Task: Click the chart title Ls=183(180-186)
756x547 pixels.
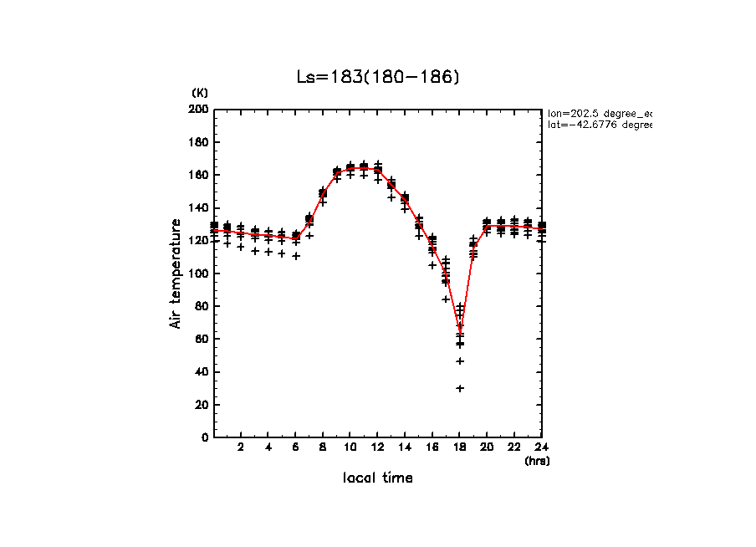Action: pos(379,77)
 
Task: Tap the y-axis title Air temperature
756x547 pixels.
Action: pos(176,273)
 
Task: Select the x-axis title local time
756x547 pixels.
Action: pos(378,478)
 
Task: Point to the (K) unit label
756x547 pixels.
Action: pos(200,92)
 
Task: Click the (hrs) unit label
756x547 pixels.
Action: pos(537,461)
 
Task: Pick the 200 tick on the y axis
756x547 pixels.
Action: pos(199,110)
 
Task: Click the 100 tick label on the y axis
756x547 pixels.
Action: pos(199,273)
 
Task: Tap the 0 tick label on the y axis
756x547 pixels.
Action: pos(205,437)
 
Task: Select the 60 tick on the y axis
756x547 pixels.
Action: pos(202,339)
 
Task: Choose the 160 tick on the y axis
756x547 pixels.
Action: pos(199,175)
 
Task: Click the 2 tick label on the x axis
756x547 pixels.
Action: pos(241,447)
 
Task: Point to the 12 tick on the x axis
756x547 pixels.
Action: pos(378,447)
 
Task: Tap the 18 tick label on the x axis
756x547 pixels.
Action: pos(460,447)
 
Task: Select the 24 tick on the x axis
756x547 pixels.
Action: pos(542,447)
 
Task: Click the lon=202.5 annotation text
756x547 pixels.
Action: pos(599,112)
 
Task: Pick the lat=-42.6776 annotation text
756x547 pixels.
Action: pos(599,125)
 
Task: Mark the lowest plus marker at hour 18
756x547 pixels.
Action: pos(460,388)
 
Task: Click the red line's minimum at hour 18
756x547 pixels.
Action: pos(460,327)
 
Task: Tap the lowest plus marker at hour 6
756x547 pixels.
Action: pos(296,256)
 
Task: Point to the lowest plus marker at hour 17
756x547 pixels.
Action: pos(447,299)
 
